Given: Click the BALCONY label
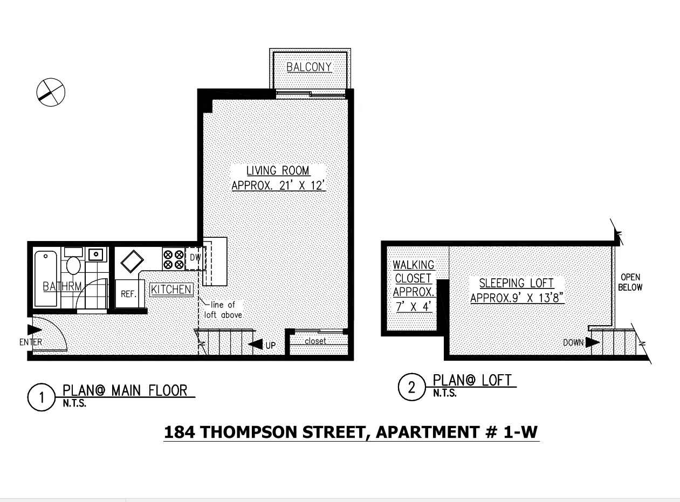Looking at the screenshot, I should point(309,67).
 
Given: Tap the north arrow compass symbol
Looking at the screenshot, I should point(51,92).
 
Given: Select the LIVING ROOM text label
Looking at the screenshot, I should point(278,171).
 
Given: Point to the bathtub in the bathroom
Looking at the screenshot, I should point(45,278).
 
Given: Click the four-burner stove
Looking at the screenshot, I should point(173,259).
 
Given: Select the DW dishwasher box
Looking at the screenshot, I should point(195,258).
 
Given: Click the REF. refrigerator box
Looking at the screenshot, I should point(128,294).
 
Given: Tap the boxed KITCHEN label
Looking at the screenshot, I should point(171,290).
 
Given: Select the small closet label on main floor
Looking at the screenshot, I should point(315,341).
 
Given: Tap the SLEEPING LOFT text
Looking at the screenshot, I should point(517,283).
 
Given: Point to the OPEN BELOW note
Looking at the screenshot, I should point(630,283).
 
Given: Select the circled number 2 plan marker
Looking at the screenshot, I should point(412,388).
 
